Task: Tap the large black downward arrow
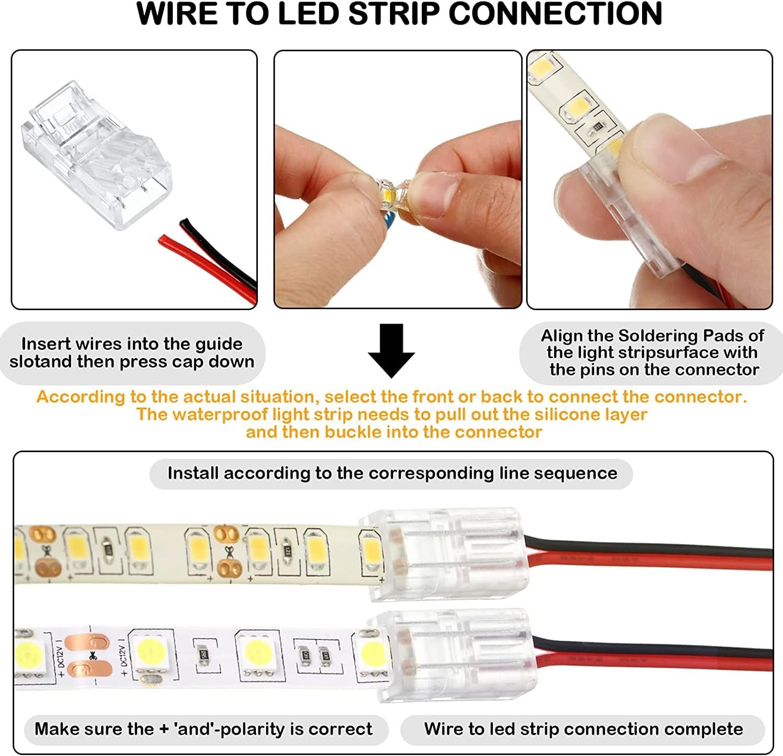[x=391, y=350]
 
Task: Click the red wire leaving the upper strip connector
[x=652, y=562]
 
